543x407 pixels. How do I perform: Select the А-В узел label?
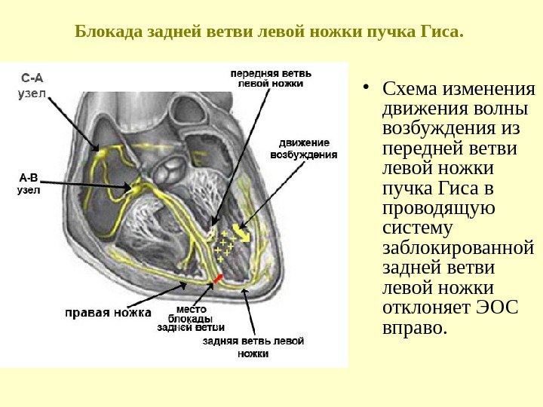[x=29, y=184]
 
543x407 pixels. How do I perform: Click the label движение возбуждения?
[x=303, y=148]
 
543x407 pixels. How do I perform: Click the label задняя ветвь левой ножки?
[x=254, y=347]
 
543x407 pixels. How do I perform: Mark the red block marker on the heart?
[x=218, y=279]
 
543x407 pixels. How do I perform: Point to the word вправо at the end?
[x=415, y=329]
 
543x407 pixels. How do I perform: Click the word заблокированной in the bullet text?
[x=459, y=248]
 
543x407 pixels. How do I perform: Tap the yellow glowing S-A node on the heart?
[x=100, y=154]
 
